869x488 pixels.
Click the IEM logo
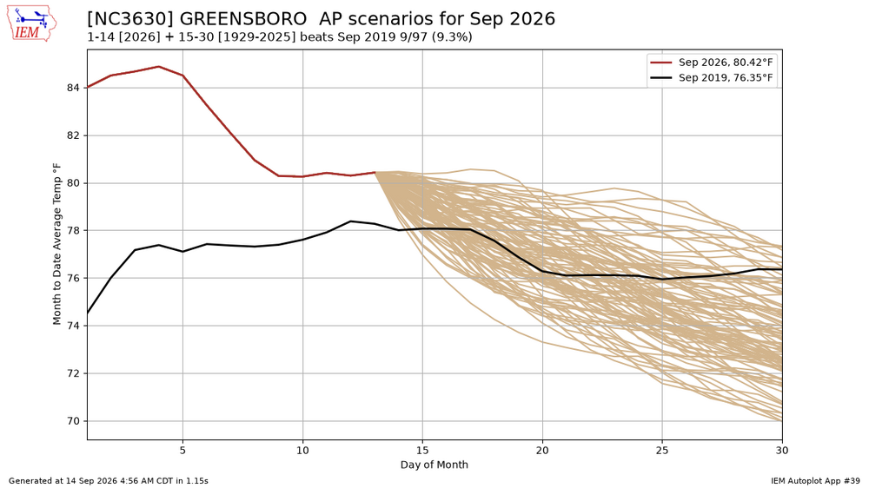(x=31, y=23)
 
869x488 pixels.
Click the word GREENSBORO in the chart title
(x=243, y=19)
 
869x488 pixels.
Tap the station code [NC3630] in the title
(x=130, y=19)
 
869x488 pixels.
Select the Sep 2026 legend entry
(x=713, y=63)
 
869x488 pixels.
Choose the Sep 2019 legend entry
(x=713, y=77)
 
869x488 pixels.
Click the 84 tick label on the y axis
(x=75, y=88)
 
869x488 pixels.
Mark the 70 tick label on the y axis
(x=75, y=421)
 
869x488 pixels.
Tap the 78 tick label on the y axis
(x=75, y=230)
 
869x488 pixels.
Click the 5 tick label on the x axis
(x=182, y=451)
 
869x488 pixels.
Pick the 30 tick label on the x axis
(x=782, y=451)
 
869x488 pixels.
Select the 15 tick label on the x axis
(x=422, y=451)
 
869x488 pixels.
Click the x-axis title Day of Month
(x=434, y=465)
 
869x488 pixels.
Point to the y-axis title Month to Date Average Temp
(x=56, y=244)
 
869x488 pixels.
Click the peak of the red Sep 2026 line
(x=159, y=67)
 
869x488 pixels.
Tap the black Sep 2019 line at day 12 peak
(x=350, y=221)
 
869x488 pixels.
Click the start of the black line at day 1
(x=88, y=313)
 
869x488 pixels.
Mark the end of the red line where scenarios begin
(x=375, y=172)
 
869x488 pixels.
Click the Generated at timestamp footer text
(x=109, y=481)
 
